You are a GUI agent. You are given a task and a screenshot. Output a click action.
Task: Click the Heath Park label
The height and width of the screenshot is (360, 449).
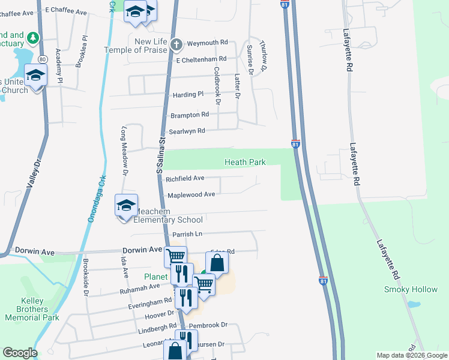point(245,162)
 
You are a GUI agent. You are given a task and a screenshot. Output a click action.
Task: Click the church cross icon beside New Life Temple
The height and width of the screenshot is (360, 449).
point(176,44)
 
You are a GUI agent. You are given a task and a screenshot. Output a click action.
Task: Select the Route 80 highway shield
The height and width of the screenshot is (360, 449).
point(42,59)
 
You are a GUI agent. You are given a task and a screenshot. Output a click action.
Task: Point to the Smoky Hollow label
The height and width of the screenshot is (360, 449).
point(411,290)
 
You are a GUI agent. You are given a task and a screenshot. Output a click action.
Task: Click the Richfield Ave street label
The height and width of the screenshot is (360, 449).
point(185,178)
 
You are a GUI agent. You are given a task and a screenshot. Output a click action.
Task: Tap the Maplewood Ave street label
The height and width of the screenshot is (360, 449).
point(191,194)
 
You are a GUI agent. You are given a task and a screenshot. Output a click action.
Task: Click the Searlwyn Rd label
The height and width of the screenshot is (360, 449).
point(187,131)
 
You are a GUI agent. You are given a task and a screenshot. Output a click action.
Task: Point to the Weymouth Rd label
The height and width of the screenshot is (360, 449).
point(208,43)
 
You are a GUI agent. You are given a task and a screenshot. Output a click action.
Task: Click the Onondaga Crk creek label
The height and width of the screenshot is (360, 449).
point(93,198)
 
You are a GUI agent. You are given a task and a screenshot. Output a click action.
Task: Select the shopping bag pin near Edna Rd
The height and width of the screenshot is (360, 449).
point(217,263)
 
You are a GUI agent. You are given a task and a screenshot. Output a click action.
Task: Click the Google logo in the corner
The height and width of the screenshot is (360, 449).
point(19,353)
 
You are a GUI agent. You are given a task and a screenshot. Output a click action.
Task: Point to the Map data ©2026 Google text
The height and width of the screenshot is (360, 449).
point(412,355)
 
